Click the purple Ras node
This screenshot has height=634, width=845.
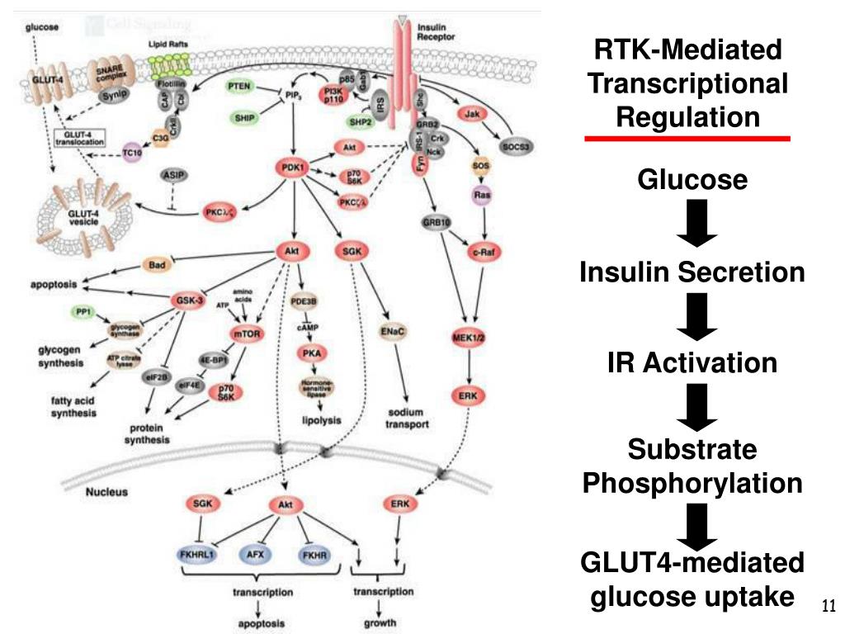coord(480,195)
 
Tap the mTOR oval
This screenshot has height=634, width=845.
coord(249,333)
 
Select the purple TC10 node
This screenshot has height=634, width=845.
coord(132,153)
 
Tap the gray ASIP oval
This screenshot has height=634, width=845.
coord(172,176)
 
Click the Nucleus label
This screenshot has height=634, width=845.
coord(106,492)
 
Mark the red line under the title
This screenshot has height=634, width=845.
coord(687,139)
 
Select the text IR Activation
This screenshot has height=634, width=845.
coord(692,362)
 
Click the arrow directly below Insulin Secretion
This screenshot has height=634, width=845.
coord(692,318)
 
